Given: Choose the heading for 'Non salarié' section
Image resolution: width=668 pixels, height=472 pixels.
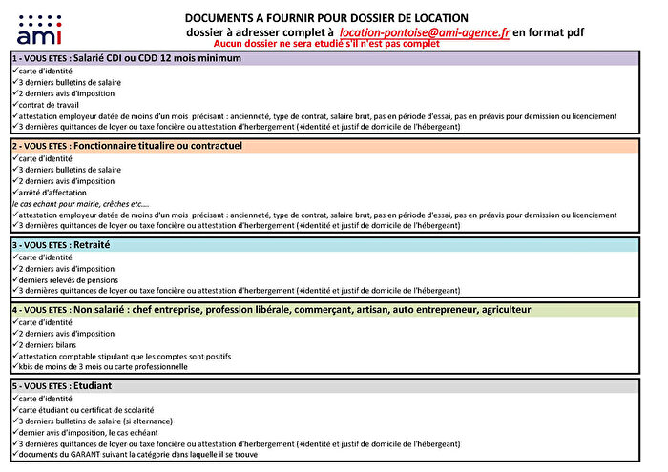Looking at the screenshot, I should coord(271,310).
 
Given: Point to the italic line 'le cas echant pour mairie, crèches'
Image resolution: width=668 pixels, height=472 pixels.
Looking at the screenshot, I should coord(81,204).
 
